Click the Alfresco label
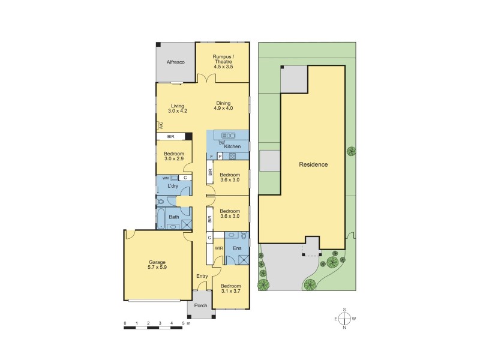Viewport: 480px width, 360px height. tap(175, 62)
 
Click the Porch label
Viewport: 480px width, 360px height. tap(201, 305)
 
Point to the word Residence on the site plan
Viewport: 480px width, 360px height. tap(314, 164)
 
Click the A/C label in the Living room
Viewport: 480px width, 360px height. tap(160, 125)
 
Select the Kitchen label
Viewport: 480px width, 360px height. tap(233, 146)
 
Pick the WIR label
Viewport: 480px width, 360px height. tap(220, 247)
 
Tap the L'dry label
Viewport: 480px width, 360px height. tap(173, 187)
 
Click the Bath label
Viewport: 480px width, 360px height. tap(173, 217)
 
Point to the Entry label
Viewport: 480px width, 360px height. tap(202, 276)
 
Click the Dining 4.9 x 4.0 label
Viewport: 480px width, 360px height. tap(224, 106)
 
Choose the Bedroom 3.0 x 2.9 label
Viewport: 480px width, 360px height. tap(175, 156)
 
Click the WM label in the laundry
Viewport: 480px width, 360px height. tap(165, 178)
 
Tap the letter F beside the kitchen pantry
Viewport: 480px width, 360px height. tap(212, 157)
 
